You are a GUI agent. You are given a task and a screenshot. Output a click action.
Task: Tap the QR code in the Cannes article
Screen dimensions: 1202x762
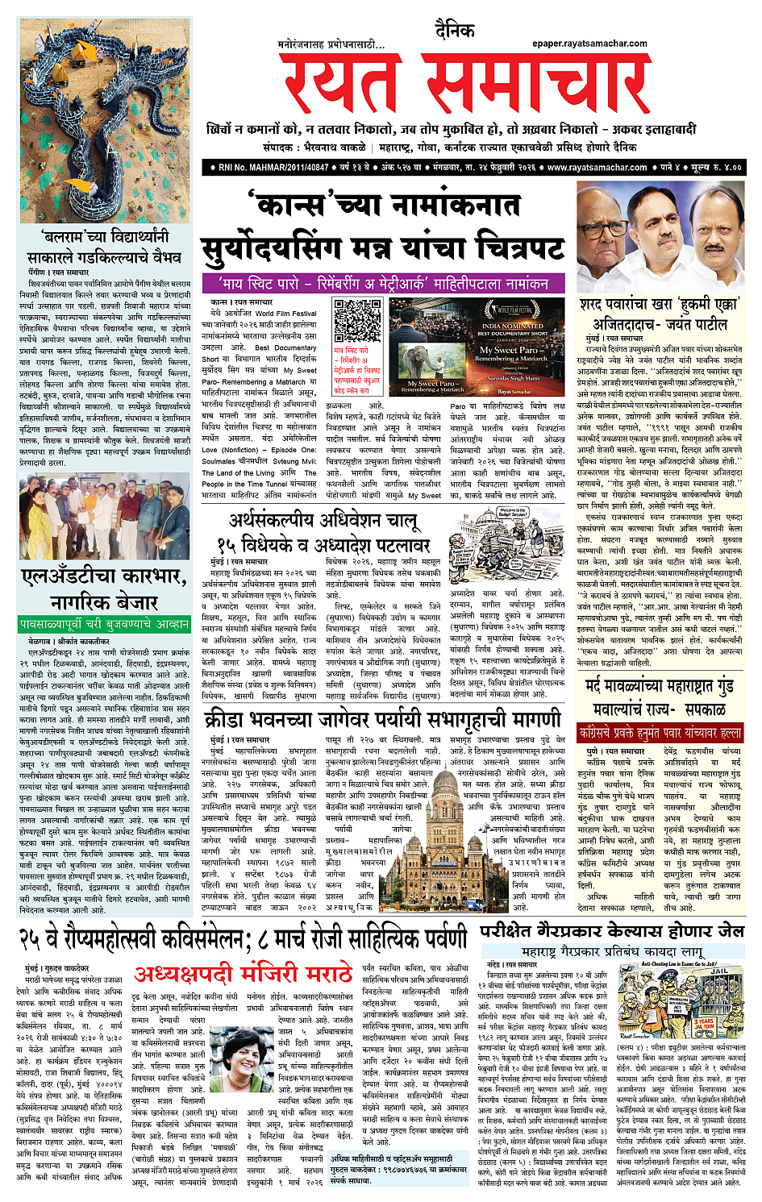(x=358, y=322)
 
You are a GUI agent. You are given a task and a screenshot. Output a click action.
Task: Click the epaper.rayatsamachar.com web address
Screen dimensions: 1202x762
(x=589, y=44)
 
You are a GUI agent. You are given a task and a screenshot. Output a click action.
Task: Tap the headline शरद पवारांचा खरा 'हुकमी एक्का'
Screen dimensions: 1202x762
(x=659, y=305)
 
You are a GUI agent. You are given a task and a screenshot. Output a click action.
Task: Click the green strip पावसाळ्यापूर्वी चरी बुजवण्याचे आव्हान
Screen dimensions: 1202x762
(x=104, y=624)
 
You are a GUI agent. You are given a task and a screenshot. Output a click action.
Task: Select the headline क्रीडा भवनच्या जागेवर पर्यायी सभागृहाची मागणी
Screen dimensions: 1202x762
(x=382, y=718)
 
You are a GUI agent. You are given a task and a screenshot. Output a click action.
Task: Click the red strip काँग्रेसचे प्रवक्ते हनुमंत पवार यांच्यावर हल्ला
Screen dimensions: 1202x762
(x=660, y=733)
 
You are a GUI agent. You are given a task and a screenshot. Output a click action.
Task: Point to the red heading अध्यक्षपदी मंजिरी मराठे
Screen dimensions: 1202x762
(x=244, y=974)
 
